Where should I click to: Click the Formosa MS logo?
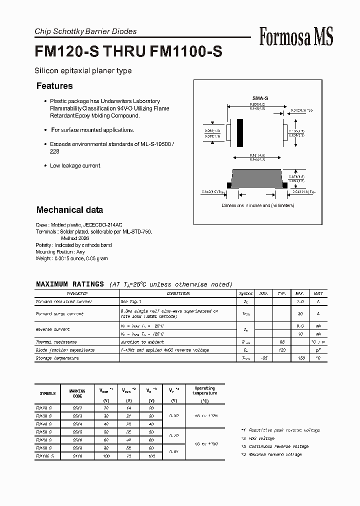(296, 37)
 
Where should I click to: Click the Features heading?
(54, 86)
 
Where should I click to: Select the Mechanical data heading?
(69, 210)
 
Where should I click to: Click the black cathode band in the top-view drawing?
(240, 134)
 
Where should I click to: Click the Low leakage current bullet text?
(75, 165)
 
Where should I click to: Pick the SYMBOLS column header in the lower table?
(47, 393)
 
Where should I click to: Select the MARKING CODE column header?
(78, 393)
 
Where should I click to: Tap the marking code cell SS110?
(78, 456)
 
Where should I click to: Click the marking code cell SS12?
(78, 408)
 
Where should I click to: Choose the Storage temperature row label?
(57, 358)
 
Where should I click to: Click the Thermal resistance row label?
(56, 342)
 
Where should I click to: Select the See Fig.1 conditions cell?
(131, 302)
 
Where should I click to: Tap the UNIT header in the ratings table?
(318, 294)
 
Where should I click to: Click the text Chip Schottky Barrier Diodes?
(85, 31)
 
